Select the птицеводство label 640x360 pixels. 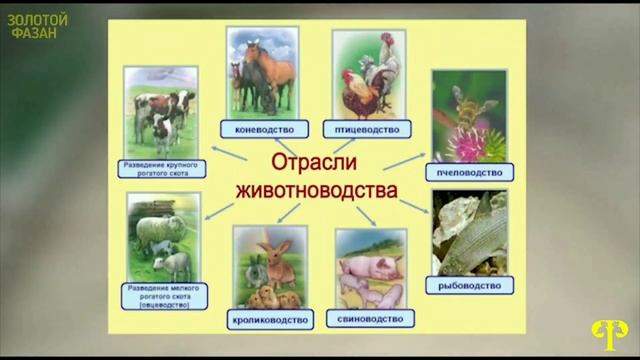tap(367, 129)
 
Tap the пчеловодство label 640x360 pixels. tap(468, 171)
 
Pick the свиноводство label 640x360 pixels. tap(370, 319)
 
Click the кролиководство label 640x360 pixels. tap(268, 319)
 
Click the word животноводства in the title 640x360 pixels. tap(316, 188)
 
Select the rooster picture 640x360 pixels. tap(367, 75)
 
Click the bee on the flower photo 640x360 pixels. tap(468, 116)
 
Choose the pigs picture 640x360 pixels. tap(370, 269)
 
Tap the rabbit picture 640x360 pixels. tap(268, 266)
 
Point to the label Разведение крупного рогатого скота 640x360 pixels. tap(162, 167)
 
